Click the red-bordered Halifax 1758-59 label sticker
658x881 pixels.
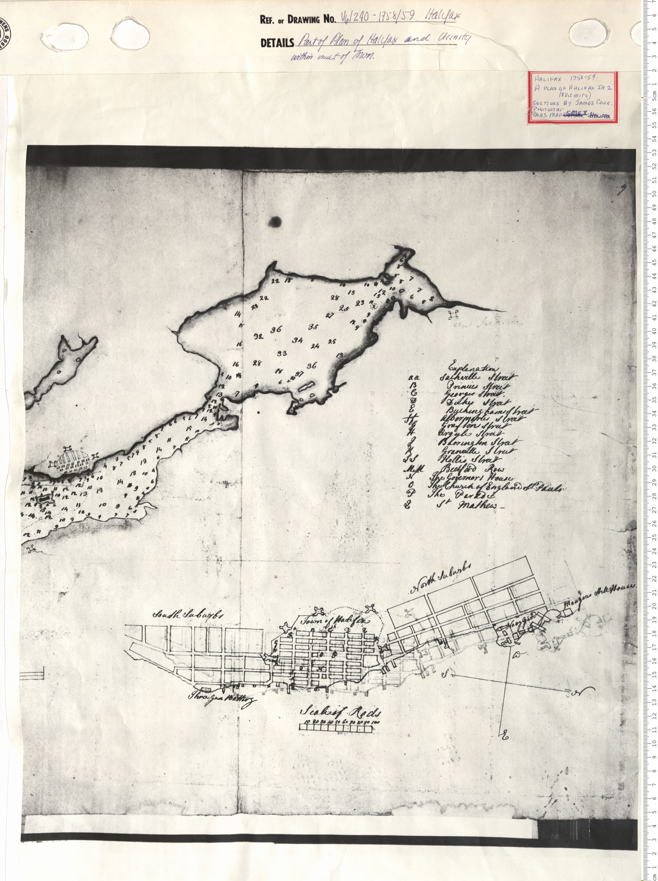(x=573, y=97)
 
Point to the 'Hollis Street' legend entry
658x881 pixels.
(x=470, y=460)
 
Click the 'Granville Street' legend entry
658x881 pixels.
(x=475, y=451)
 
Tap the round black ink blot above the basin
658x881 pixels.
(x=275, y=221)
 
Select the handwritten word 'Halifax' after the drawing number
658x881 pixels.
(x=443, y=16)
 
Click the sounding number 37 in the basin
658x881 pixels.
(x=300, y=374)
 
